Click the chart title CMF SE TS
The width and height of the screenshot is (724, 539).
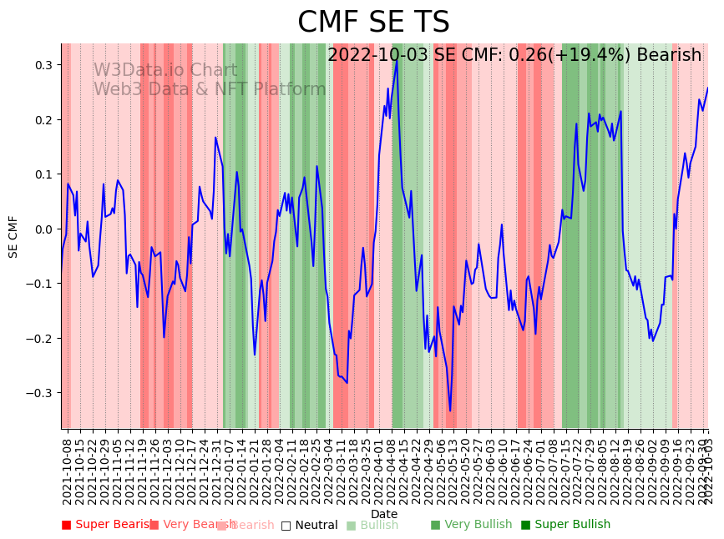[x=373, y=23]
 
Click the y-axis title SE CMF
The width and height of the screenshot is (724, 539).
[x=13, y=236]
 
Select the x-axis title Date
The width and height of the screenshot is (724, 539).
[x=384, y=514]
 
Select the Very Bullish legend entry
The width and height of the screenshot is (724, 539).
[x=470, y=525]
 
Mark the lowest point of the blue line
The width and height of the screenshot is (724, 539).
[x=450, y=411]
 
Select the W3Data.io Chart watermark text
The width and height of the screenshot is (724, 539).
[x=165, y=70]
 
